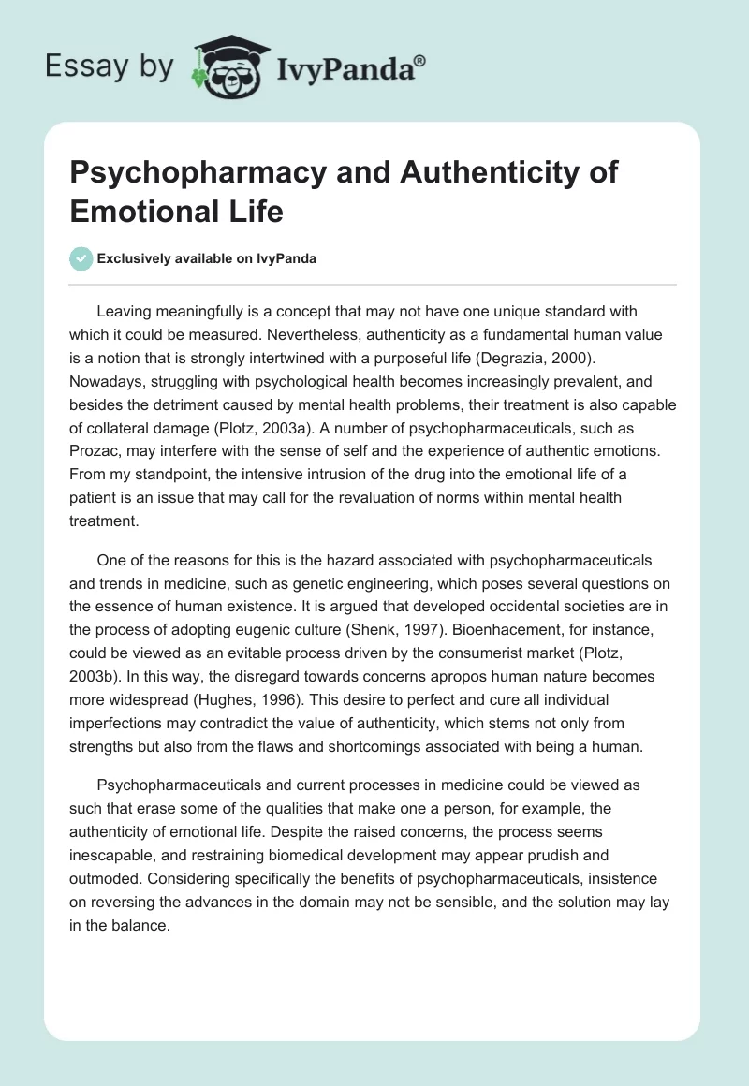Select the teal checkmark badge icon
pos(81,258)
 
